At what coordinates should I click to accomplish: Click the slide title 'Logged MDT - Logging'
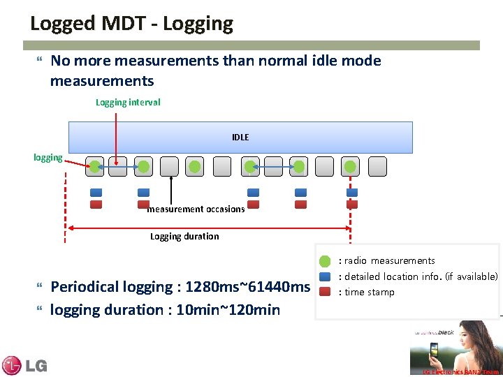click(x=131, y=23)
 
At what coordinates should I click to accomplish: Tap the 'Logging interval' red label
click(x=127, y=103)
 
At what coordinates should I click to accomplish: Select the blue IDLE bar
click(x=240, y=137)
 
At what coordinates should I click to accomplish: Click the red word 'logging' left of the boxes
click(x=48, y=158)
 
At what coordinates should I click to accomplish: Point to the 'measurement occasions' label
click(x=196, y=209)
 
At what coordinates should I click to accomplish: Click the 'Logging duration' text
click(x=184, y=237)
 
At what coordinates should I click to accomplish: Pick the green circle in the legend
click(x=325, y=262)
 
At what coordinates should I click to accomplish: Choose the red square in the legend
click(x=325, y=292)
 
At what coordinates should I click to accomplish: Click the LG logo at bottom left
click(x=24, y=364)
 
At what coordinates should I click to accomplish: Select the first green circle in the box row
click(x=94, y=166)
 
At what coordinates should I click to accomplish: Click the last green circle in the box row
click(x=351, y=166)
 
